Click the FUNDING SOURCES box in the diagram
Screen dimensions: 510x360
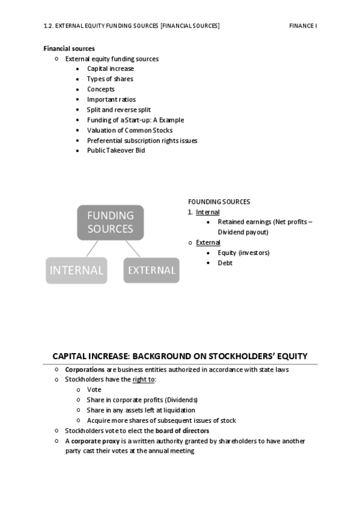point(110,222)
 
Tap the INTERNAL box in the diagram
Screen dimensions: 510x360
point(76,270)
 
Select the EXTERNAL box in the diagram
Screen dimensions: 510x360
point(151,270)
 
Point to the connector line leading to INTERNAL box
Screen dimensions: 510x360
point(92,248)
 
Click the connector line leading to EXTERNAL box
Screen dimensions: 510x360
point(132,248)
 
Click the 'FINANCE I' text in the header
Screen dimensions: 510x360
point(302,25)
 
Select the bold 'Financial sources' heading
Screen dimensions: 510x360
point(69,49)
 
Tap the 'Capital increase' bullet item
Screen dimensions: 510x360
point(110,69)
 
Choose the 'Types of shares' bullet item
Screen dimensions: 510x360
point(110,79)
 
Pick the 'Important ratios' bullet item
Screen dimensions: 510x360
point(111,99)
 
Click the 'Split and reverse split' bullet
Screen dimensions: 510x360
point(119,109)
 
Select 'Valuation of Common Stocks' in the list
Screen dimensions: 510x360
point(129,130)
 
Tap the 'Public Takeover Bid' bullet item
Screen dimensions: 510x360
point(116,150)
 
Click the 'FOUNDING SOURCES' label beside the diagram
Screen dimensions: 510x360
point(219,201)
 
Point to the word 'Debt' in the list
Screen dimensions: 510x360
point(225,263)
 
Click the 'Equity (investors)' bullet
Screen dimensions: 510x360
point(243,253)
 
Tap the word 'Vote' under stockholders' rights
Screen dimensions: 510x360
point(94,390)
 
